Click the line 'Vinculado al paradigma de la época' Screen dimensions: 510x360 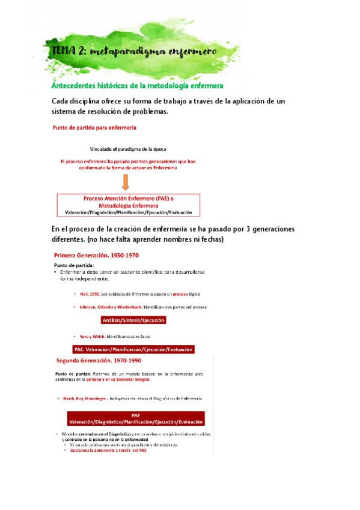tap(128, 148)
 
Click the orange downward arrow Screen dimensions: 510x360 tap(126, 182)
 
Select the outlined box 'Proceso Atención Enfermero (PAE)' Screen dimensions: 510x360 tap(129, 205)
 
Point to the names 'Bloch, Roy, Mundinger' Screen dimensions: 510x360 tap(88, 399)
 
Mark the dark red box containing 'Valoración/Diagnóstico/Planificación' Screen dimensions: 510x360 tap(135, 419)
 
